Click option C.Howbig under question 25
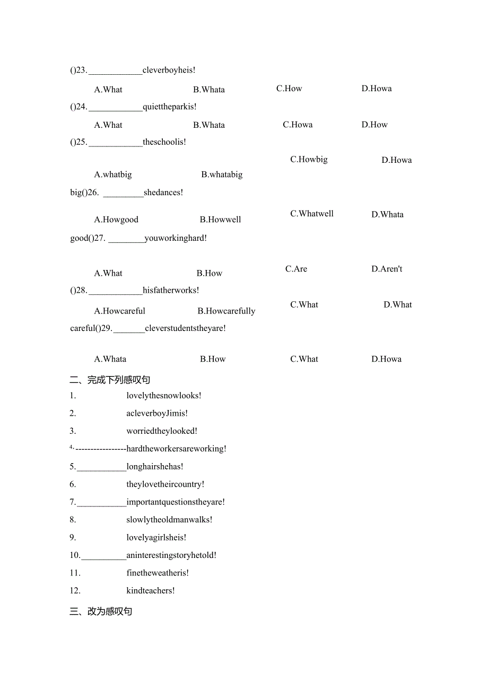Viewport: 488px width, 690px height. pos(309,159)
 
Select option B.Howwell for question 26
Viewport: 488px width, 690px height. pos(220,220)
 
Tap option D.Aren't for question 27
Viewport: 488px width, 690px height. pos(387,269)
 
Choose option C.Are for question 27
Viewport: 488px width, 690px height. pos(296,269)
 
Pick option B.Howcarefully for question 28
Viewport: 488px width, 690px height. pos(226,311)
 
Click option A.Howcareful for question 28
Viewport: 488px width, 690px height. pos(119,311)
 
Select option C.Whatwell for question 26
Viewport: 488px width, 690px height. pos(312,214)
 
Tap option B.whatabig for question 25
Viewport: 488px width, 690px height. pos(222,174)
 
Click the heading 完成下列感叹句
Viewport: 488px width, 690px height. pos(110,380)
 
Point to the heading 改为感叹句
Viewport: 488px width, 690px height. pos(101,612)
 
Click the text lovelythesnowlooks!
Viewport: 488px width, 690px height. pos(164,396)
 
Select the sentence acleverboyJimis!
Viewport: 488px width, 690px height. pos(157,413)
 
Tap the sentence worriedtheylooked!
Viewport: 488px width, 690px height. pos(162,431)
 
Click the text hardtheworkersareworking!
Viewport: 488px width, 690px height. pos(176,449)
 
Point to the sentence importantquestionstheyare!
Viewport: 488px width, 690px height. pos(176,502)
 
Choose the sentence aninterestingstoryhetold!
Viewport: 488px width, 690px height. pos(171,555)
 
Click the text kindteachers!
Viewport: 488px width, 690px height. pos(151,591)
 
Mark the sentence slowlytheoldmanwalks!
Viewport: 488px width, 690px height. pos(169,520)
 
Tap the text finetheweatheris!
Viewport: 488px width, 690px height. pos(158,573)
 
